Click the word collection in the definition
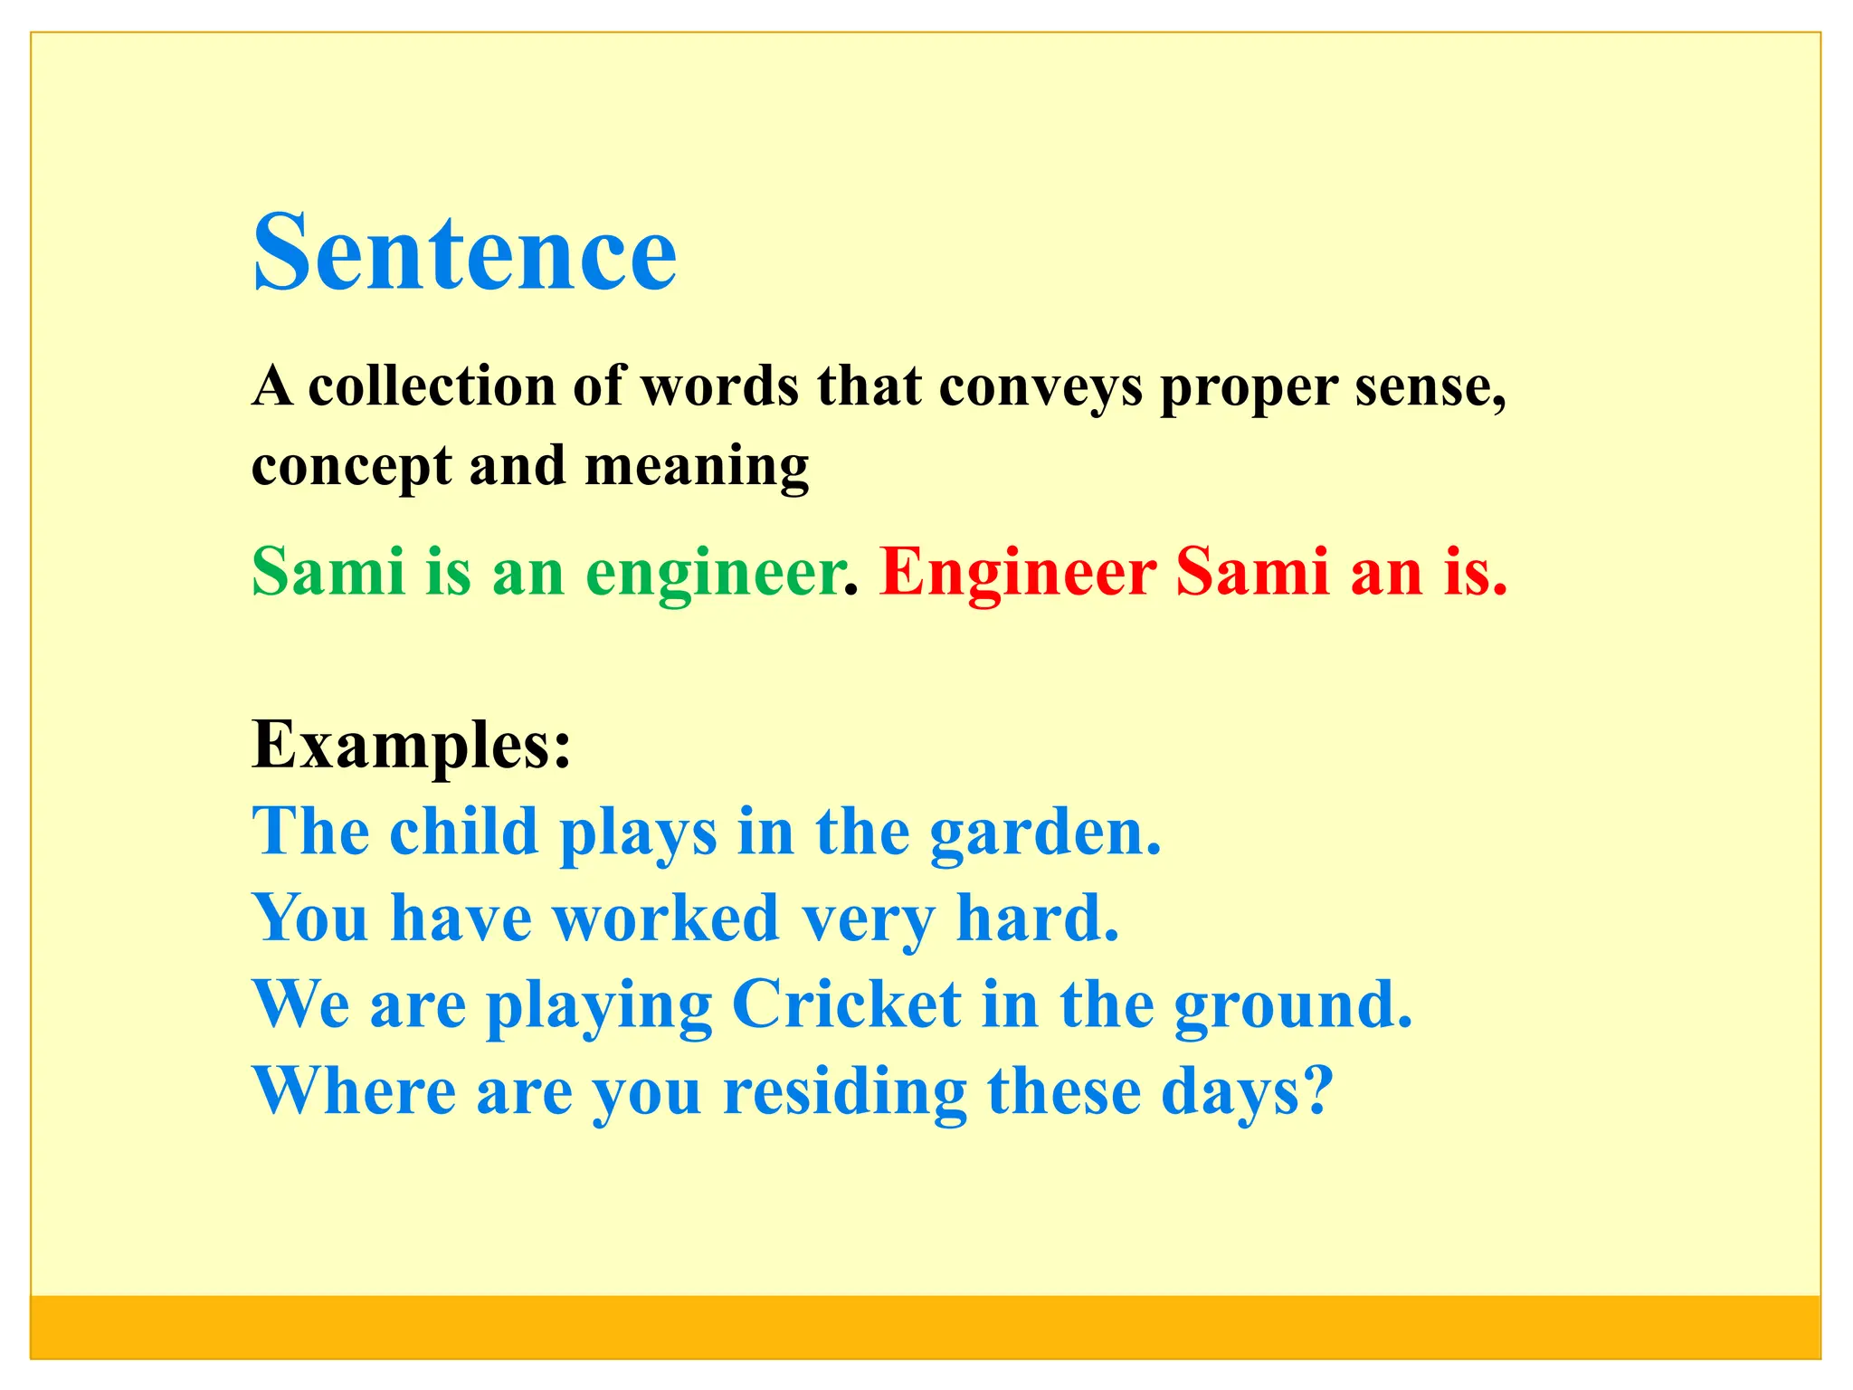tap(432, 386)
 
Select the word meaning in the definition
tap(697, 467)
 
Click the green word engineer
tap(714, 574)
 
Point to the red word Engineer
tap(1018, 572)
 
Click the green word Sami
tap(328, 572)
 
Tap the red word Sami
tap(1252, 572)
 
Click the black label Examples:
tap(412, 745)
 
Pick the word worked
tap(666, 918)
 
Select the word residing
tap(845, 1091)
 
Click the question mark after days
tap(1320, 1090)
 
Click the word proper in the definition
tap(1248, 388)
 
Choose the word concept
tap(351, 467)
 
